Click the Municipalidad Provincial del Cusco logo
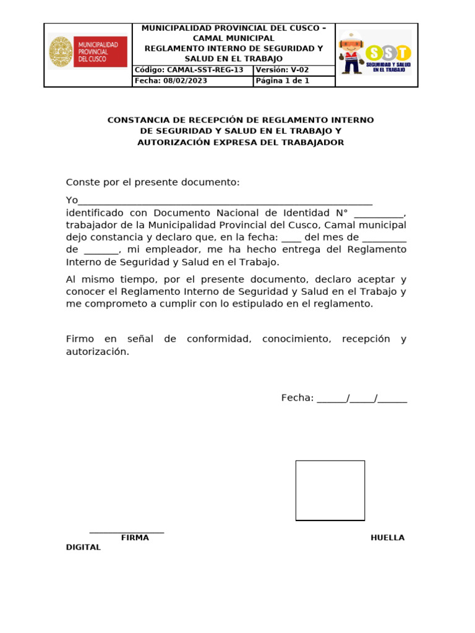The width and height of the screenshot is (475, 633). click(88, 52)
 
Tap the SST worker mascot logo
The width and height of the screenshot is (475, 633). click(375, 52)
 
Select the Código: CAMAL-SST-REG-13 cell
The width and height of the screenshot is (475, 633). click(192, 70)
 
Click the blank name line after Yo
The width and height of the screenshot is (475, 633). click(226, 201)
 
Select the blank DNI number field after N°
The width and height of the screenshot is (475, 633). click(379, 213)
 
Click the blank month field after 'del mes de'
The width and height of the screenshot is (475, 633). click(384, 237)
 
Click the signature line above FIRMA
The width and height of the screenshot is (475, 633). click(127, 531)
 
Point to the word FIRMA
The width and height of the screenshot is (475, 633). click(135, 538)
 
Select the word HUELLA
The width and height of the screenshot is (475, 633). click(387, 538)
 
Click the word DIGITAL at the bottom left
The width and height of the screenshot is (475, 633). click(83, 548)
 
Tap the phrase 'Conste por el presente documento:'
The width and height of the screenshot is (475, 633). click(152, 182)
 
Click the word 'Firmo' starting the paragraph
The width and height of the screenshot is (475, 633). click(80, 339)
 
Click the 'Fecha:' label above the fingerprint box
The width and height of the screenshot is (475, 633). click(297, 398)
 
